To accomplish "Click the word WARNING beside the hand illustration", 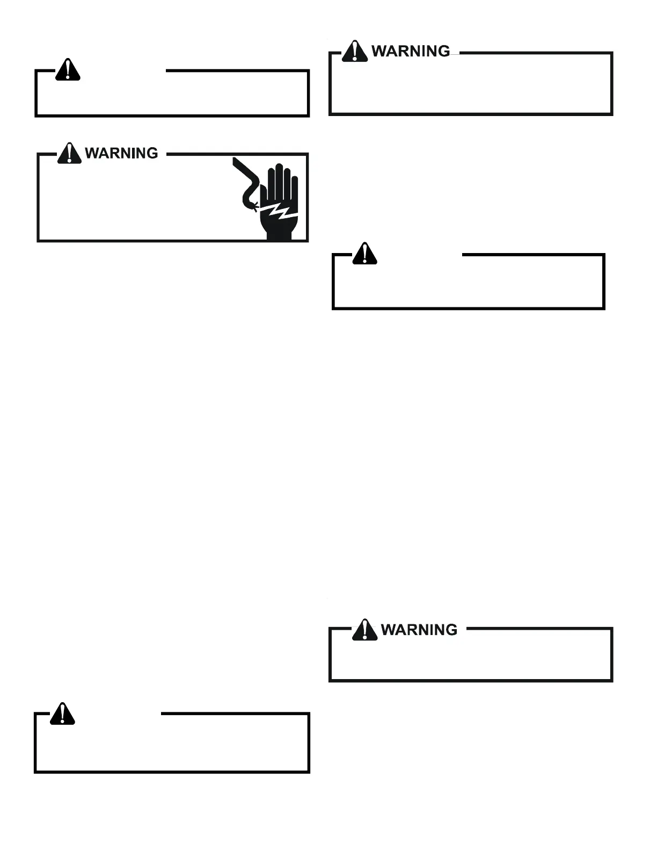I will click(x=122, y=153).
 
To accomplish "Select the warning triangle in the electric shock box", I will click(x=69, y=153).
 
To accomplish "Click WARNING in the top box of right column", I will click(x=411, y=51).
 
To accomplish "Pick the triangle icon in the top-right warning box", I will click(x=355, y=51).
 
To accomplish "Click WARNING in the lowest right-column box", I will click(x=419, y=629).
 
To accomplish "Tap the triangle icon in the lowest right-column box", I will click(x=364, y=630).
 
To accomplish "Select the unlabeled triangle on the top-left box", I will click(x=68, y=70).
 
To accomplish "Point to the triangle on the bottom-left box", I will click(x=62, y=713).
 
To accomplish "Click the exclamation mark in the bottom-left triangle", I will click(x=62, y=713).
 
